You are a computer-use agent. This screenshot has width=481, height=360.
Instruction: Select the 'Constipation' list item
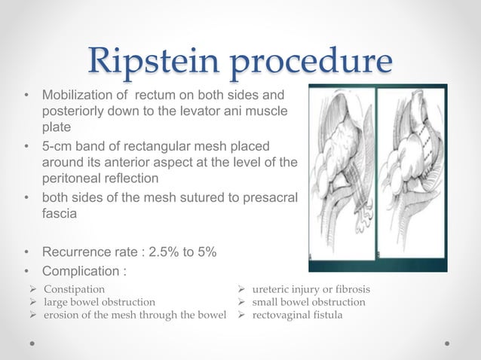(x=74, y=289)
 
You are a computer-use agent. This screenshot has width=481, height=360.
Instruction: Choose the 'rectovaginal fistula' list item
(x=297, y=315)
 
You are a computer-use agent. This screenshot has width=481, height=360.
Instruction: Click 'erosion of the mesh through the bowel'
(x=135, y=315)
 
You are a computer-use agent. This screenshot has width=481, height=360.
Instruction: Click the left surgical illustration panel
(x=342, y=178)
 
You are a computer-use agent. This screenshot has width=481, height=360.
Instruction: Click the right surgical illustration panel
(x=411, y=178)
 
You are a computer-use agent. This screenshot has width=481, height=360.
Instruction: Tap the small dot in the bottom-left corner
(x=33, y=343)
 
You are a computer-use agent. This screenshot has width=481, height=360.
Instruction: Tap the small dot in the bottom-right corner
(x=447, y=343)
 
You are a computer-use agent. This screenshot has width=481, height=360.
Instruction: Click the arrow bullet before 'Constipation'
(x=35, y=289)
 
